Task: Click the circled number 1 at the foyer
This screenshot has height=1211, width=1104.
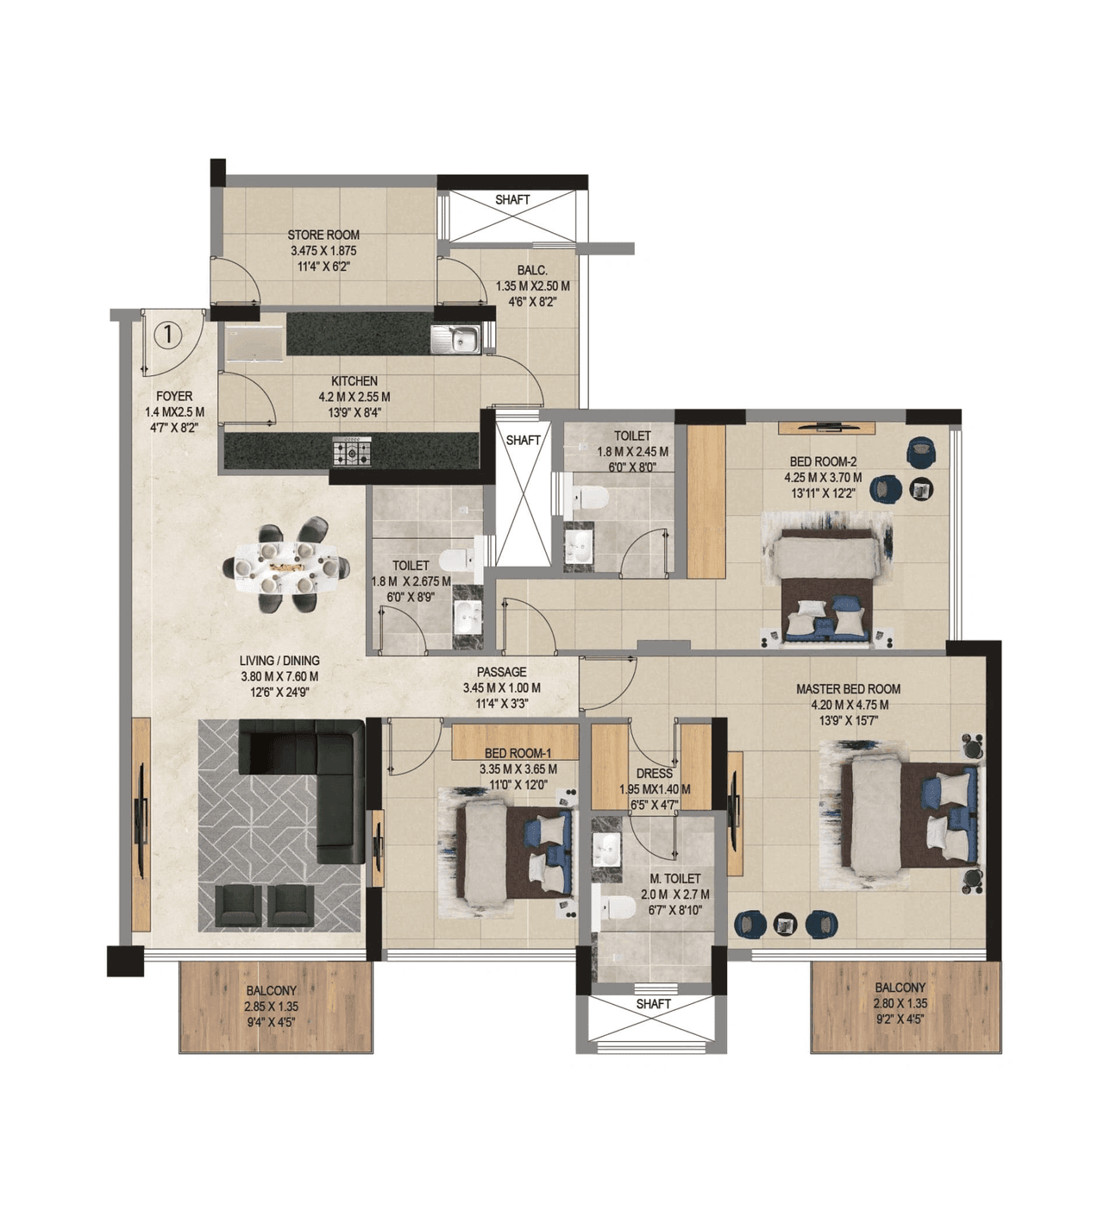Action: coord(168,334)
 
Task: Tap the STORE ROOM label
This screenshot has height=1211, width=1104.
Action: coord(323,235)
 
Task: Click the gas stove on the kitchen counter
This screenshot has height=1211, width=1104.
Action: coord(353,449)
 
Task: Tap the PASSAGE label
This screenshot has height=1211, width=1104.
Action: coord(501,672)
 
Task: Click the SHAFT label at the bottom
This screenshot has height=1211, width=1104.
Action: coord(653,1004)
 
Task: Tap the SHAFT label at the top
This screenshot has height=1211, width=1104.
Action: coord(512,200)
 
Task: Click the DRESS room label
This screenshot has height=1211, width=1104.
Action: coord(654,774)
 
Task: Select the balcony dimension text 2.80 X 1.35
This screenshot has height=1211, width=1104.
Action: coord(900,1003)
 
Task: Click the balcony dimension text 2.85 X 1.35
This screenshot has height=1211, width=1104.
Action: coord(271,1007)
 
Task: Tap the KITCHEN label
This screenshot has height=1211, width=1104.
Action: coord(354,381)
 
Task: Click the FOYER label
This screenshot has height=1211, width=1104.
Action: coord(174,397)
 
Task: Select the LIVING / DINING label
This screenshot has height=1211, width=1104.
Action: coord(279,661)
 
